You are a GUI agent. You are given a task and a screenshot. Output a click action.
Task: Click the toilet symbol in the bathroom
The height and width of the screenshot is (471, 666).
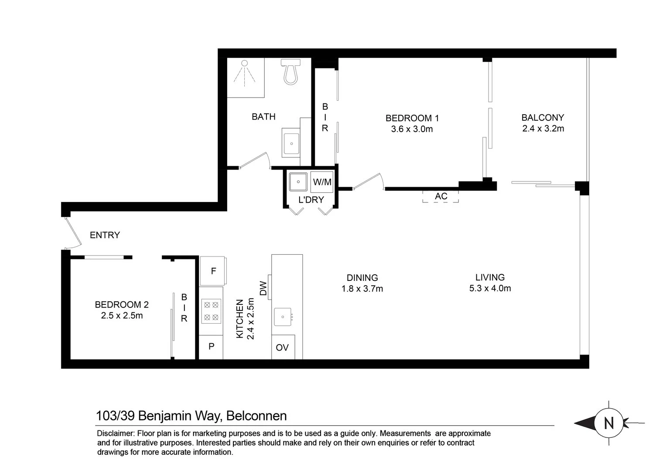pyautogui.click(x=290, y=72)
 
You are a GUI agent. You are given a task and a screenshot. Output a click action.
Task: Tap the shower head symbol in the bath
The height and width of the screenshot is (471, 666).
pyautogui.click(x=244, y=73)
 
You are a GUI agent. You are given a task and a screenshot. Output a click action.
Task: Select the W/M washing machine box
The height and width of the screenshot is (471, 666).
pyautogui.click(x=322, y=182)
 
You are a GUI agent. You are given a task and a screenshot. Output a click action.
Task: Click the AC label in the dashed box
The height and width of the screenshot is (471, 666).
pyautogui.click(x=441, y=196)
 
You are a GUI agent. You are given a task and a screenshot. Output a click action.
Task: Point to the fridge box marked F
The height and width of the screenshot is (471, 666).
pyautogui.click(x=212, y=271)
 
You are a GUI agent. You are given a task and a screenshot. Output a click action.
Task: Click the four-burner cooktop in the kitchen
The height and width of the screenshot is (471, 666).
pyautogui.click(x=212, y=311)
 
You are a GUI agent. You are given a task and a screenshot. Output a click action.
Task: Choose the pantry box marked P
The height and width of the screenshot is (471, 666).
pyautogui.click(x=211, y=347)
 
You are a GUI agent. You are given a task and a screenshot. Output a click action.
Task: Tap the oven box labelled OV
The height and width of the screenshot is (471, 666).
pyautogui.click(x=283, y=347)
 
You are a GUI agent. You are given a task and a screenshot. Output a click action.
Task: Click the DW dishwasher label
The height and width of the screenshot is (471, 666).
pyautogui.click(x=263, y=288)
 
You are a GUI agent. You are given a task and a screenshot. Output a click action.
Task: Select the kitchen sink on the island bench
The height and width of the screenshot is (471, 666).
pyautogui.click(x=283, y=317)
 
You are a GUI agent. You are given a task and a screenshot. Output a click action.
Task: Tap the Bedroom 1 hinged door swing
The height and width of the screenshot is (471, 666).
pyautogui.click(x=369, y=181)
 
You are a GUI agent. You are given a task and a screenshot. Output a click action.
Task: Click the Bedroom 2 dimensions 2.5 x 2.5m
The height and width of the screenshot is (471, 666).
pyautogui.click(x=122, y=315)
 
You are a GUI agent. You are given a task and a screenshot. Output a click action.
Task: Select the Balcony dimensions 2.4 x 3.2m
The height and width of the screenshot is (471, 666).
pyautogui.click(x=543, y=129)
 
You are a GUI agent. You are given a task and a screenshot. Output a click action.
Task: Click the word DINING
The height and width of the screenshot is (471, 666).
pyautogui.click(x=362, y=278)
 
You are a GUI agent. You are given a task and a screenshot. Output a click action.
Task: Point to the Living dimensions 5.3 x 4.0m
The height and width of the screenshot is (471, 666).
pyautogui.click(x=490, y=288)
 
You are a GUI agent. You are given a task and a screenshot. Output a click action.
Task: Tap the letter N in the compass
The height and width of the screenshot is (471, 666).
pyautogui.click(x=609, y=423)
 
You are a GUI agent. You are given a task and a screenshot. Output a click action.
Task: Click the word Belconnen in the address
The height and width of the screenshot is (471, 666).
pyautogui.click(x=256, y=416)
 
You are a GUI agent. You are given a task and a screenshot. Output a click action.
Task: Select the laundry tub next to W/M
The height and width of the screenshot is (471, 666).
pyautogui.click(x=298, y=182)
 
